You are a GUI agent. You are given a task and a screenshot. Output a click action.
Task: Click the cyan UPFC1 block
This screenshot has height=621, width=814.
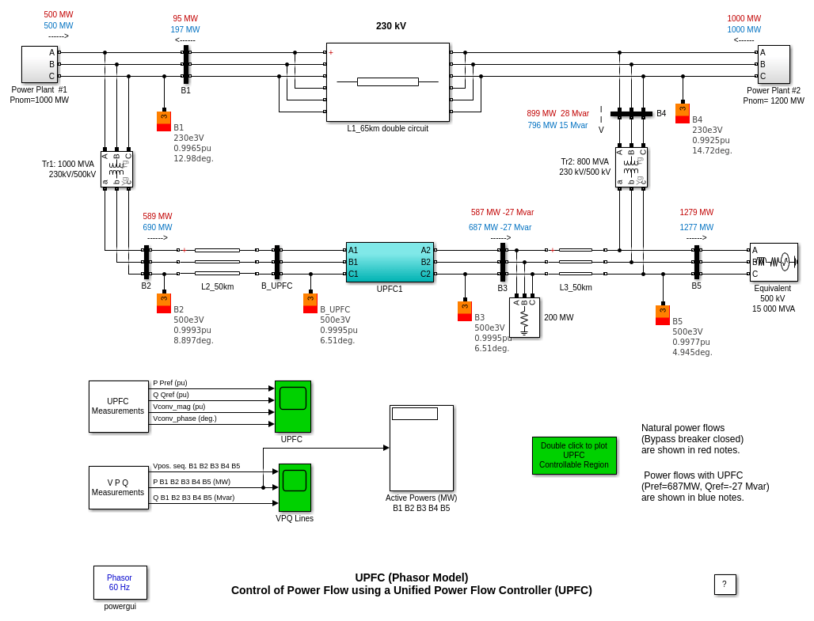(390, 262)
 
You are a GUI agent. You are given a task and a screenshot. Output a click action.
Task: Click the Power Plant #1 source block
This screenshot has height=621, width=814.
(40, 64)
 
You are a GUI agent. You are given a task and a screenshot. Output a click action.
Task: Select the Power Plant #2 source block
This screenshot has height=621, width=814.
(774, 64)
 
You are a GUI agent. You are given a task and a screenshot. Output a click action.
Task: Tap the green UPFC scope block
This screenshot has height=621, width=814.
(292, 406)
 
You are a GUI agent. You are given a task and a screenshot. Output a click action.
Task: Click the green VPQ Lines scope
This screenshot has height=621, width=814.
(294, 487)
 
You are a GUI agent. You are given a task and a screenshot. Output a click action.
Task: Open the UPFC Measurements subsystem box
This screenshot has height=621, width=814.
(118, 407)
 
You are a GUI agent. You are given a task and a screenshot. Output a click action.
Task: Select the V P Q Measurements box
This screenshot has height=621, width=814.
(118, 487)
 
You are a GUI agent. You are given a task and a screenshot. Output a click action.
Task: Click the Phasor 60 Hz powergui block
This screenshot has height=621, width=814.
(120, 582)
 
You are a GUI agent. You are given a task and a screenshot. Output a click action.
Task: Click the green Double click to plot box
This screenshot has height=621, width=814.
(573, 456)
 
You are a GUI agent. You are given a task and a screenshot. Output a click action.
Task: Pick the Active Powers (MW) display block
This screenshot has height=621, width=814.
(421, 448)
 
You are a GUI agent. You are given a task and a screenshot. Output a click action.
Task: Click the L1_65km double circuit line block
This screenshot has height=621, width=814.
(387, 81)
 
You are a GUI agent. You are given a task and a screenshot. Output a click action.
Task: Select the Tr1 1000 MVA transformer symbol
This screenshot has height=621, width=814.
(116, 169)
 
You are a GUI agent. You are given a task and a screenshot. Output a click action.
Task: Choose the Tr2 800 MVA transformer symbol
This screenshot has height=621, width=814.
(631, 167)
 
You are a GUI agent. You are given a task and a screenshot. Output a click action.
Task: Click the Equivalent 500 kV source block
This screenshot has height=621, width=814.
(774, 262)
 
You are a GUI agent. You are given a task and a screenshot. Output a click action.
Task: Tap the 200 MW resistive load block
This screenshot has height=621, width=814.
(524, 317)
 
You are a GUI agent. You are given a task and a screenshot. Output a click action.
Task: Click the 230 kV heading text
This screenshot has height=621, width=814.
(391, 26)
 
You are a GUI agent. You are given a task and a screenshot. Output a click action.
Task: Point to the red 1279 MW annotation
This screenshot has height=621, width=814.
(696, 212)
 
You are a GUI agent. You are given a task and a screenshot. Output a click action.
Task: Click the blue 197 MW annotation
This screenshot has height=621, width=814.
(185, 30)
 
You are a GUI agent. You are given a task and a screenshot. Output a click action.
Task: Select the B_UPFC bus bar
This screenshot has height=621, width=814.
(277, 262)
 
